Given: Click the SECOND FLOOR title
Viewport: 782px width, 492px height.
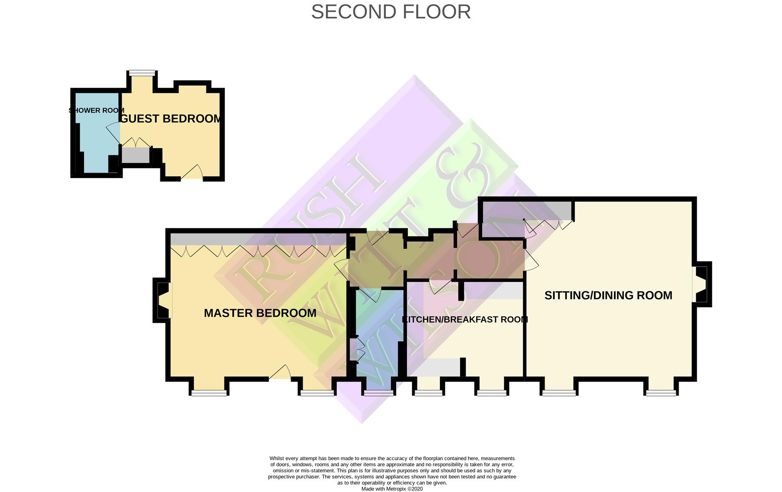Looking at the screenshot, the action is (x=391, y=12).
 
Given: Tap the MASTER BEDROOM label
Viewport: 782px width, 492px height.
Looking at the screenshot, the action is (x=260, y=313).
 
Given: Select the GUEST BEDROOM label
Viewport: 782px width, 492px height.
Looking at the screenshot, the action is (x=171, y=118).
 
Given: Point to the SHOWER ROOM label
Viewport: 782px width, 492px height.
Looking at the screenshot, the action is (x=96, y=110).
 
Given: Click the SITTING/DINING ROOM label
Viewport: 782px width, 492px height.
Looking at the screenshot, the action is (x=608, y=295).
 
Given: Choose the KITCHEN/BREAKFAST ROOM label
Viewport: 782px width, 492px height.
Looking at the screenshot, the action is (x=465, y=319).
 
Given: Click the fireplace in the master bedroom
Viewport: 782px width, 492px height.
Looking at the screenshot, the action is (x=163, y=300).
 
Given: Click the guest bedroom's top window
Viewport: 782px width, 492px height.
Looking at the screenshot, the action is (x=142, y=72).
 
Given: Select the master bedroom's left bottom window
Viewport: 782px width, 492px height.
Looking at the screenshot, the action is (x=209, y=393).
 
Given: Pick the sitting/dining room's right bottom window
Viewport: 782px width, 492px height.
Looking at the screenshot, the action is (x=661, y=393).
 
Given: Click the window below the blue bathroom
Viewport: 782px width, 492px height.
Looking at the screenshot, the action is (x=378, y=393).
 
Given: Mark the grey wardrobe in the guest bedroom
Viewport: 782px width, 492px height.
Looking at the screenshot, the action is (x=136, y=155).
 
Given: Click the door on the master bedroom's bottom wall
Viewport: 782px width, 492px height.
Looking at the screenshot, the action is (x=280, y=372).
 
